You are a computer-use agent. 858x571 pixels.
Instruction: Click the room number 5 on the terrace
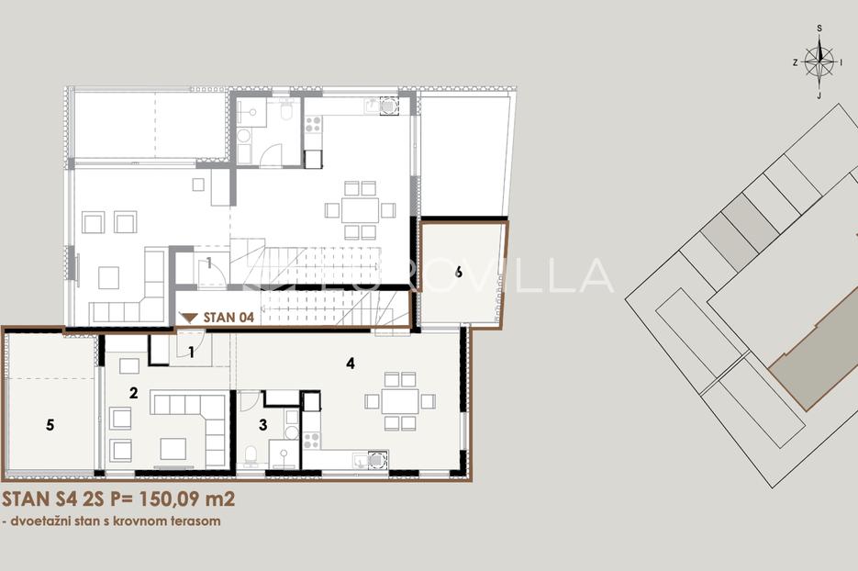(x=50, y=425)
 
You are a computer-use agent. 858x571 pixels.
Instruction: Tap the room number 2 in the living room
(x=133, y=393)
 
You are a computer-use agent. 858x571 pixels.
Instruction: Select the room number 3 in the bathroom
(x=263, y=425)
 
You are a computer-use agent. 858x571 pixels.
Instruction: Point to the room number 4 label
(x=351, y=363)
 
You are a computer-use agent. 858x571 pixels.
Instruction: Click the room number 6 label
(x=459, y=272)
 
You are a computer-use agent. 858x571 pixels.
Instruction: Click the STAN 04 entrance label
(x=228, y=318)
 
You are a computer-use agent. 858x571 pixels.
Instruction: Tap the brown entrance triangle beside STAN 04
(x=189, y=318)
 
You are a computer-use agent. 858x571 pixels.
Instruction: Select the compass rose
(x=819, y=62)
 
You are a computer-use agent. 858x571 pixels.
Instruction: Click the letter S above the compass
(x=819, y=28)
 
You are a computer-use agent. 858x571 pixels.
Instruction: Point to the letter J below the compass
(x=819, y=95)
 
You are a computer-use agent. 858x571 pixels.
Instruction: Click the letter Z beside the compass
(x=795, y=63)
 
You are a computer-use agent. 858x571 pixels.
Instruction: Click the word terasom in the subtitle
(x=198, y=521)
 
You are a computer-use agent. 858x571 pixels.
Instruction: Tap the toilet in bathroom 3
(x=251, y=456)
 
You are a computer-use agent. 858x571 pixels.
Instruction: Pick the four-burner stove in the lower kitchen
(x=311, y=440)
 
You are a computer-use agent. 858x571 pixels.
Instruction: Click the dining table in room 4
(x=400, y=401)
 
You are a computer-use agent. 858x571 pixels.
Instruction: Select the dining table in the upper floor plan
(x=360, y=210)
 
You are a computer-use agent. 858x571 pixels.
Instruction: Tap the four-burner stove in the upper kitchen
(x=314, y=124)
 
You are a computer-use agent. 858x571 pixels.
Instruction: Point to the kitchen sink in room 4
(x=362, y=461)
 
